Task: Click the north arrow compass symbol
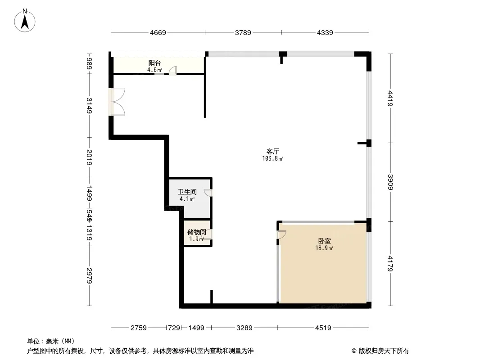(x=26, y=20)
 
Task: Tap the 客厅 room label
(x=272, y=152)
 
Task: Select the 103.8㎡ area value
(x=272, y=159)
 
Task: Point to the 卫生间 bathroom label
(x=187, y=192)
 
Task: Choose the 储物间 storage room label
(x=197, y=232)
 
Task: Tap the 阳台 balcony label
(x=154, y=63)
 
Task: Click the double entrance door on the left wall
(x=117, y=102)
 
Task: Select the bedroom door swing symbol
(x=281, y=234)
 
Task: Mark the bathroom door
(x=208, y=193)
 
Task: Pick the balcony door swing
(x=172, y=70)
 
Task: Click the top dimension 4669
(x=158, y=32)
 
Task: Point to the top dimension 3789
(x=243, y=32)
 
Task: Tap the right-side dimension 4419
(x=390, y=99)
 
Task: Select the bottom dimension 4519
(x=323, y=328)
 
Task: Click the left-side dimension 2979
(x=90, y=276)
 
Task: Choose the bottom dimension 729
(x=174, y=328)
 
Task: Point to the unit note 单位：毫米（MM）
(x=51, y=341)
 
